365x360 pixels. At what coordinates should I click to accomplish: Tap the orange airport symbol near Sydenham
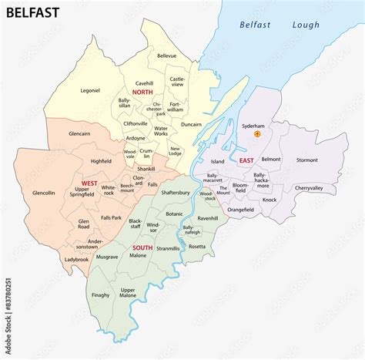click(x=258, y=133)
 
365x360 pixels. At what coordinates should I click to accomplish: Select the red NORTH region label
click(x=142, y=92)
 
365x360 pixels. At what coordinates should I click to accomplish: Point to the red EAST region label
click(x=246, y=160)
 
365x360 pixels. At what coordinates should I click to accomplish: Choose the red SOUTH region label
click(x=142, y=247)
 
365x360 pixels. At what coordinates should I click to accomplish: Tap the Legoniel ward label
click(x=89, y=90)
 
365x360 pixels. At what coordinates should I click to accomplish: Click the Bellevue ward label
click(x=167, y=56)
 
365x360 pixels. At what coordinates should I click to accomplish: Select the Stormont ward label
click(x=306, y=160)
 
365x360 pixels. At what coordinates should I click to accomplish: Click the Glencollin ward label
click(x=44, y=193)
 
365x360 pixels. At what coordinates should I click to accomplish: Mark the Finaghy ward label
click(x=101, y=294)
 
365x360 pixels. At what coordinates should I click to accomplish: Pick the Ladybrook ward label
click(x=77, y=259)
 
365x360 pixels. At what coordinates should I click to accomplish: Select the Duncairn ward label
click(x=191, y=123)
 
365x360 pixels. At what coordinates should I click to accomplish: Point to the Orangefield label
click(x=240, y=209)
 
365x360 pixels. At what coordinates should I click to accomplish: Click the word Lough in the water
click(x=305, y=25)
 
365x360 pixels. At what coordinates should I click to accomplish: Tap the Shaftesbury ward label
click(x=176, y=193)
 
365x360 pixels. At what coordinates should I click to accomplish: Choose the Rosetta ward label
click(x=197, y=246)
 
